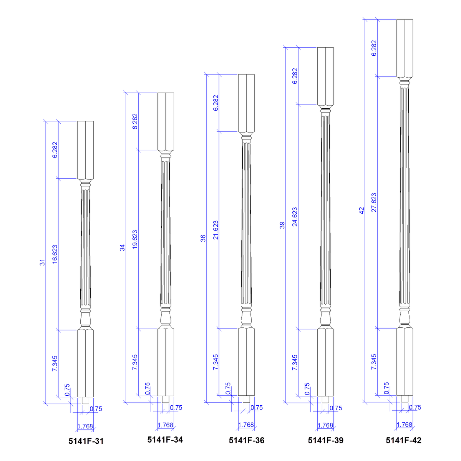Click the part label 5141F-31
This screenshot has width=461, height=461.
86,441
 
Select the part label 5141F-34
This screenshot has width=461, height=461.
165,440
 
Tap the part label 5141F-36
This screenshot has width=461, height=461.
247,441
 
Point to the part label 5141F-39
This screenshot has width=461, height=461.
326,441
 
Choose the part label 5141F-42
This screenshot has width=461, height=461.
403,441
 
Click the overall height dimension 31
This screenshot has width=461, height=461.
43,262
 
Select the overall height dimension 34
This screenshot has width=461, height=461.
123,248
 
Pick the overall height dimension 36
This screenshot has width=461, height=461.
203,238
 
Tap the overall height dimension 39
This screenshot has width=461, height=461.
282,225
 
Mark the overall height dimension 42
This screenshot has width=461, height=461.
362,211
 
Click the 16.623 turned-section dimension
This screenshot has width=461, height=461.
55,254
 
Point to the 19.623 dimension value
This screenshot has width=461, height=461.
135,240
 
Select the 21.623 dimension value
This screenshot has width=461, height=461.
216,230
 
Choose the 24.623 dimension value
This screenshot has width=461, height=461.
295,217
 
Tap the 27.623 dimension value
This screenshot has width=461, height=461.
374,202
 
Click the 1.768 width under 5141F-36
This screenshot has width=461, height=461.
246,425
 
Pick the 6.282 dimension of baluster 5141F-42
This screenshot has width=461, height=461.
374,48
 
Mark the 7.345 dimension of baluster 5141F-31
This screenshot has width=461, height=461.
55,363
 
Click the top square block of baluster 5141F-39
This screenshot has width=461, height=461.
325,76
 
